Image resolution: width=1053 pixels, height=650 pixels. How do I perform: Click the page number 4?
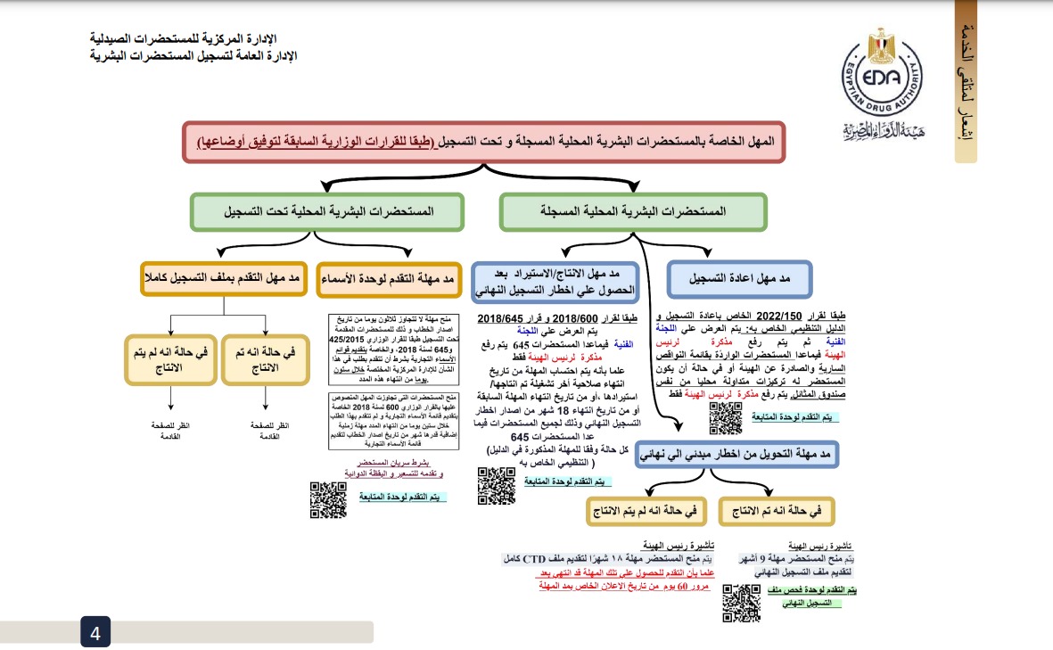click(x=95, y=633)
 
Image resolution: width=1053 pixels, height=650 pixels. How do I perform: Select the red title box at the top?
click(x=484, y=142)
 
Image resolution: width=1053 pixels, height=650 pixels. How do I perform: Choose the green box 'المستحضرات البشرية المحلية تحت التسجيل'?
click(x=326, y=212)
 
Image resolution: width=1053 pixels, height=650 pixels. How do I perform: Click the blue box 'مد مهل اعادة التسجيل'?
click(x=739, y=278)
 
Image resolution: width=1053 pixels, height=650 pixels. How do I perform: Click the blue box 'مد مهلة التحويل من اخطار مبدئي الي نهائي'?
click(x=738, y=455)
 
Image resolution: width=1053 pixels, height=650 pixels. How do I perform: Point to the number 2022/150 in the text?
click(x=782, y=317)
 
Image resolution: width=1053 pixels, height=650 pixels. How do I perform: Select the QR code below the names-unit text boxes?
click(x=328, y=499)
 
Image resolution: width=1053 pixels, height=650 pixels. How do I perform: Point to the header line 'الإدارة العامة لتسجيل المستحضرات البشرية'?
click(x=193, y=55)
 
